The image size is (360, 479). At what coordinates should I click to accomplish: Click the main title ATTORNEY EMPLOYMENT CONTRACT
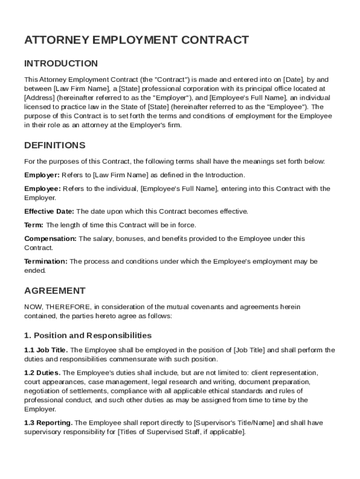[137, 40]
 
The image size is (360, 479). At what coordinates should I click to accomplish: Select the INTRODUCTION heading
[61, 64]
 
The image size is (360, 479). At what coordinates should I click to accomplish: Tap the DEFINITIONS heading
[55, 145]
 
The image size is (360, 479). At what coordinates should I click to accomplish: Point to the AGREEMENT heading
[55, 291]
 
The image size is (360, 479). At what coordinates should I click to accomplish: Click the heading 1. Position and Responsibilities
[88, 335]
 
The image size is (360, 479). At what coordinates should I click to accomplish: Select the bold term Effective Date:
[49, 211]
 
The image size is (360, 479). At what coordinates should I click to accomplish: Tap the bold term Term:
[34, 225]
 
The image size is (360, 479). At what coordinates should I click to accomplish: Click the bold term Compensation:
[50, 239]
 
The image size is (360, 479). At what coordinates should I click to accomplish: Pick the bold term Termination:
[46, 261]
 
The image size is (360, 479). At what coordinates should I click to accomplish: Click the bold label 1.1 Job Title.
[46, 350]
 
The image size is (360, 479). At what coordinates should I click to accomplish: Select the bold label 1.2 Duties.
[42, 373]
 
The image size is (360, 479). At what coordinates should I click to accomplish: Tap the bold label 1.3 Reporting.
[48, 423]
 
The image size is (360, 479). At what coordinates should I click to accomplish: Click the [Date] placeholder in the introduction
[294, 80]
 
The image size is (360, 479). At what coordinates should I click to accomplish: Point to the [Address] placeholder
[39, 98]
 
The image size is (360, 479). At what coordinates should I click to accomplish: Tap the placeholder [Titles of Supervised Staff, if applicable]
[181, 432]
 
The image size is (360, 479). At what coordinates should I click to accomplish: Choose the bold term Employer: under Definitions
[42, 175]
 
